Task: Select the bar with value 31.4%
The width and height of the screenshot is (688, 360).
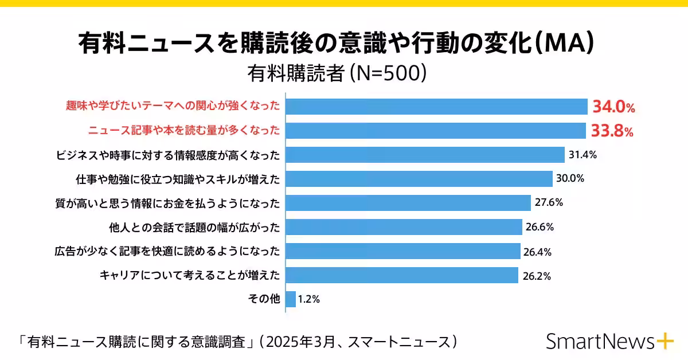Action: pos(425,155)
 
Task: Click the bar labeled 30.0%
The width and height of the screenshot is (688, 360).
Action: pos(419,179)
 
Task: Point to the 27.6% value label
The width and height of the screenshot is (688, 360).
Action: pos(549,203)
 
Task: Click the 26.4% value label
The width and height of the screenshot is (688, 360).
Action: pos(538,252)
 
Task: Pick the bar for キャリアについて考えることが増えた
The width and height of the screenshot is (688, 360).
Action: pos(402,276)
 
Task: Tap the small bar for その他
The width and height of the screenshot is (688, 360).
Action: pos(291,299)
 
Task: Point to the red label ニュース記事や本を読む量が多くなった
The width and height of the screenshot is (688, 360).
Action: pos(184,131)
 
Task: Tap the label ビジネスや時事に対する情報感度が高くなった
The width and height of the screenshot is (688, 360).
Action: pos(168,155)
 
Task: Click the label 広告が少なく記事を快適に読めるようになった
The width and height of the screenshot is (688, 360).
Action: pos(168,251)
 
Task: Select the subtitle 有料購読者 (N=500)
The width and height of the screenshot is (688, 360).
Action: pos(337,73)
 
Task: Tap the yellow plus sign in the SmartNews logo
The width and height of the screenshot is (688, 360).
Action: pos(664,341)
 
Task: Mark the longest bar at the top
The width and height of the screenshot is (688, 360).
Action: pos(436,107)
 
